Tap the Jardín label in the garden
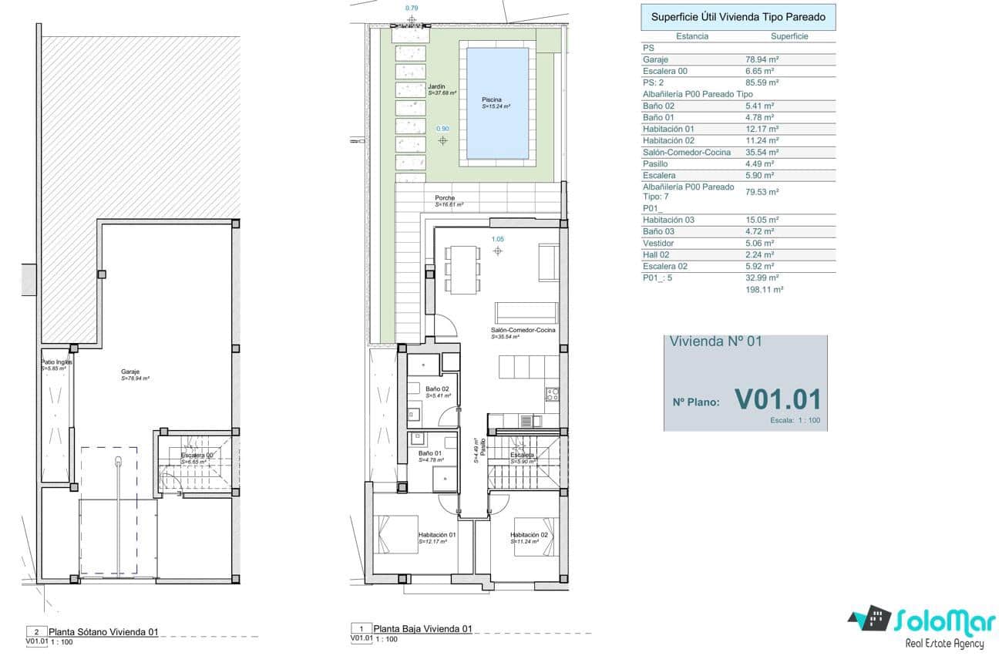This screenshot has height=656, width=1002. (436, 87)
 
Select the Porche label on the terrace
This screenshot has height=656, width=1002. (444, 198)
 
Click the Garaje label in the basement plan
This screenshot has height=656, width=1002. (130, 372)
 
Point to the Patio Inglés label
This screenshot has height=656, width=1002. (56, 362)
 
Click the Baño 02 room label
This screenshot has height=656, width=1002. (431, 389)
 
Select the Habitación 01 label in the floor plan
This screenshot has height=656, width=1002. (437, 535)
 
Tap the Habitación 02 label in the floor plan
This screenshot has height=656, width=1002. (529, 535)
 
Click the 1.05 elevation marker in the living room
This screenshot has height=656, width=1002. (497, 240)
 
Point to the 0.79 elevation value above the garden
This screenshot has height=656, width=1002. (412, 8)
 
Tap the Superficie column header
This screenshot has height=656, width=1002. (789, 36)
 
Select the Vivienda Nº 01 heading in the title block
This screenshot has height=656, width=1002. (715, 341)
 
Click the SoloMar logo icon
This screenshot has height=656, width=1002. (869, 618)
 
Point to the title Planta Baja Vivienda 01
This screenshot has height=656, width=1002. (422, 628)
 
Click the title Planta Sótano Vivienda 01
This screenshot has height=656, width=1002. (103, 631)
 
